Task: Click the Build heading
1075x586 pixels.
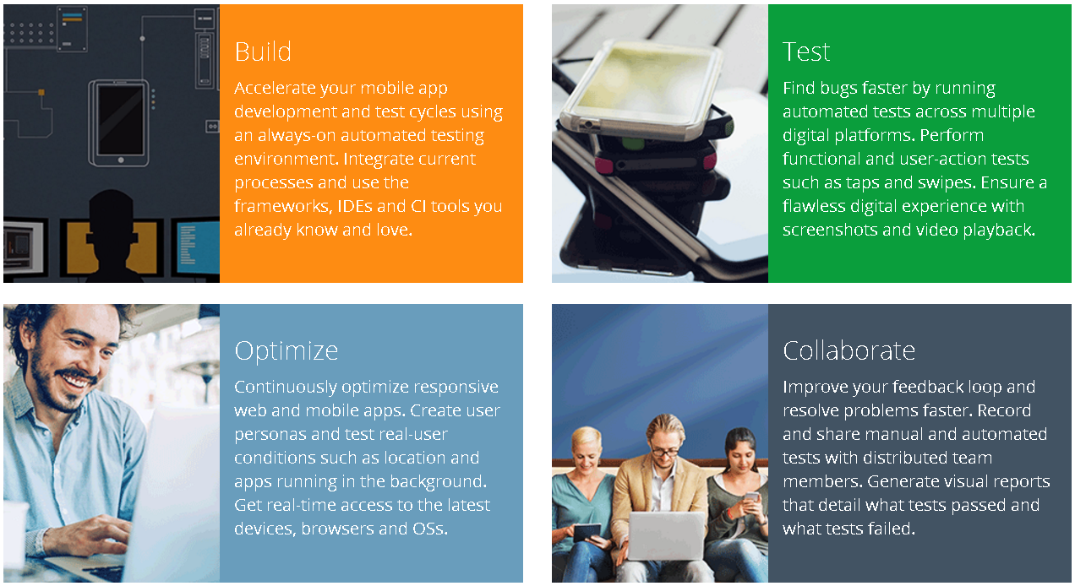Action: pos(263,52)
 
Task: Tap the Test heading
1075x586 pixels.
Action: pos(806,52)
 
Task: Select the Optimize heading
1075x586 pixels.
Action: pos(286,350)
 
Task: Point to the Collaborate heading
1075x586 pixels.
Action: pos(849,350)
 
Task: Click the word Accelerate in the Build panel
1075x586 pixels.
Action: pos(275,88)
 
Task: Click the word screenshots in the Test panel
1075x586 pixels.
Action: pos(830,230)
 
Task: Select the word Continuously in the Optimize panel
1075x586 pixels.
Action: pos(286,387)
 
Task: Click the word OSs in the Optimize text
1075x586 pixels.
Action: pos(430,529)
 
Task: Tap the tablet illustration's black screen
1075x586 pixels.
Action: pos(121,120)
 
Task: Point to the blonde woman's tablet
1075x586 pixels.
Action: pos(587,532)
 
